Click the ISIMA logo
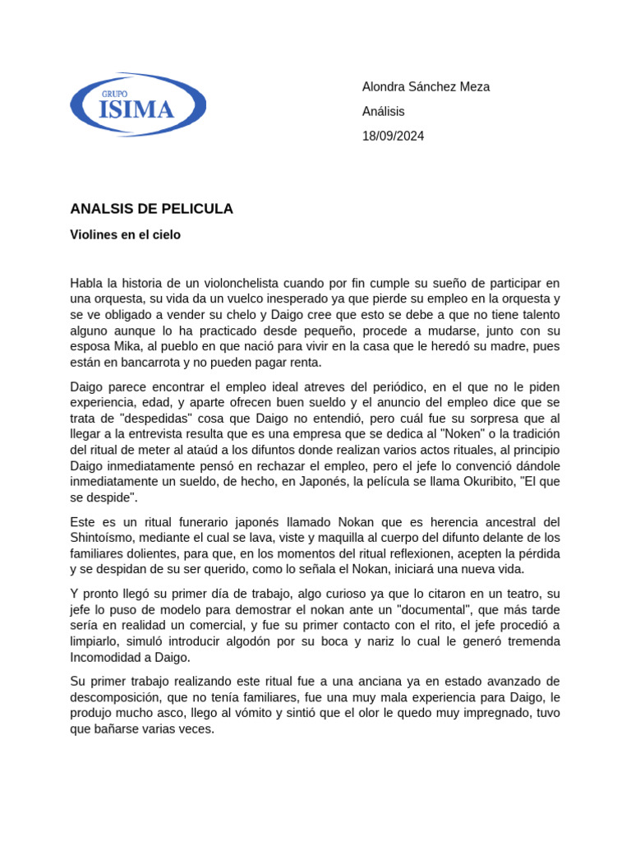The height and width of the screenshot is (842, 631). (x=138, y=105)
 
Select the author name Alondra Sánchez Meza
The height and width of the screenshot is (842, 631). (x=426, y=87)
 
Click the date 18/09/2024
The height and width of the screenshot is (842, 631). (x=393, y=136)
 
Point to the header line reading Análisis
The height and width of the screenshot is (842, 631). (x=383, y=112)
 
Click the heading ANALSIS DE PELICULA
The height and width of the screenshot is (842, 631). (x=151, y=209)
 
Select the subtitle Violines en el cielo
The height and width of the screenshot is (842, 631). (x=125, y=235)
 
